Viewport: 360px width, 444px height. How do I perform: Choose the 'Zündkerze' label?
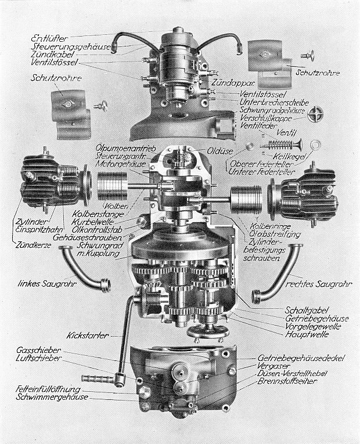pyautogui.click(x=33, y=245)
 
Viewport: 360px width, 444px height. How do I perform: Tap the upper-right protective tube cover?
pyautogui.click(x=268, y=59)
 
